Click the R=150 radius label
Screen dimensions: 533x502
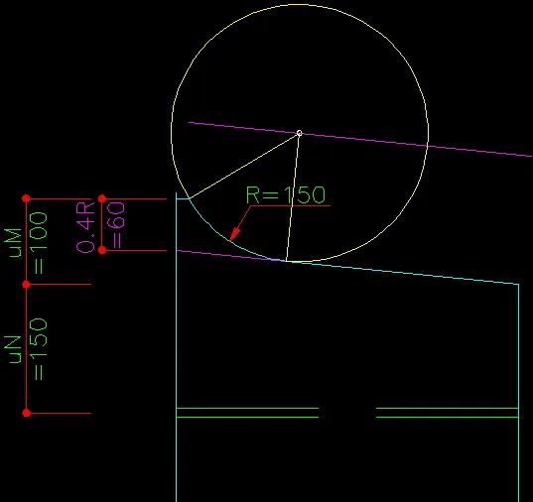(x=286, y=194)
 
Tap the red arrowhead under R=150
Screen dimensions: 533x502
(x=235, y=234)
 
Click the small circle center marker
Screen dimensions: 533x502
(x=299, y=133)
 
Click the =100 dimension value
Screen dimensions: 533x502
(x=38, y=243)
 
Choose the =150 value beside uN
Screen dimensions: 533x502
(x=38, y=349)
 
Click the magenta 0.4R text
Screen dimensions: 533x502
(x=85, y=227)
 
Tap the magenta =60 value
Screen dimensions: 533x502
(x=116, y=225)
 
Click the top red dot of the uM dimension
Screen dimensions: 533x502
(x=26, y=198)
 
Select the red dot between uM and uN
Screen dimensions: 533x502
(x=26, y=284)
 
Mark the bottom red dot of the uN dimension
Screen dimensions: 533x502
(x=26, y=413)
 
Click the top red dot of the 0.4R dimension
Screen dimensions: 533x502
(x=102, y=198)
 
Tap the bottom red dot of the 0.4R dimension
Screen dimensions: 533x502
(x=102, y=250)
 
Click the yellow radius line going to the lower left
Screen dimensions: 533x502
(x=244, y=166)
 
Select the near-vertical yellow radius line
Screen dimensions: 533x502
(x=293, y=197)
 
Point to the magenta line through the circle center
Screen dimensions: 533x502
(x=360, y=139)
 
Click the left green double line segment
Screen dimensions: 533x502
(x=247, y=413)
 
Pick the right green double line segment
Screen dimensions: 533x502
(x=448, y=413)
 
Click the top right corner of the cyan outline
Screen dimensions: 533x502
(x=519, y=284)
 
